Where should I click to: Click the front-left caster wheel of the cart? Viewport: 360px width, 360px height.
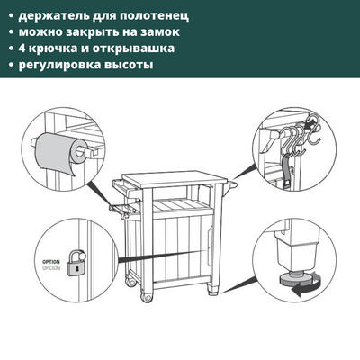pyautogui.click(x=148, y=294)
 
